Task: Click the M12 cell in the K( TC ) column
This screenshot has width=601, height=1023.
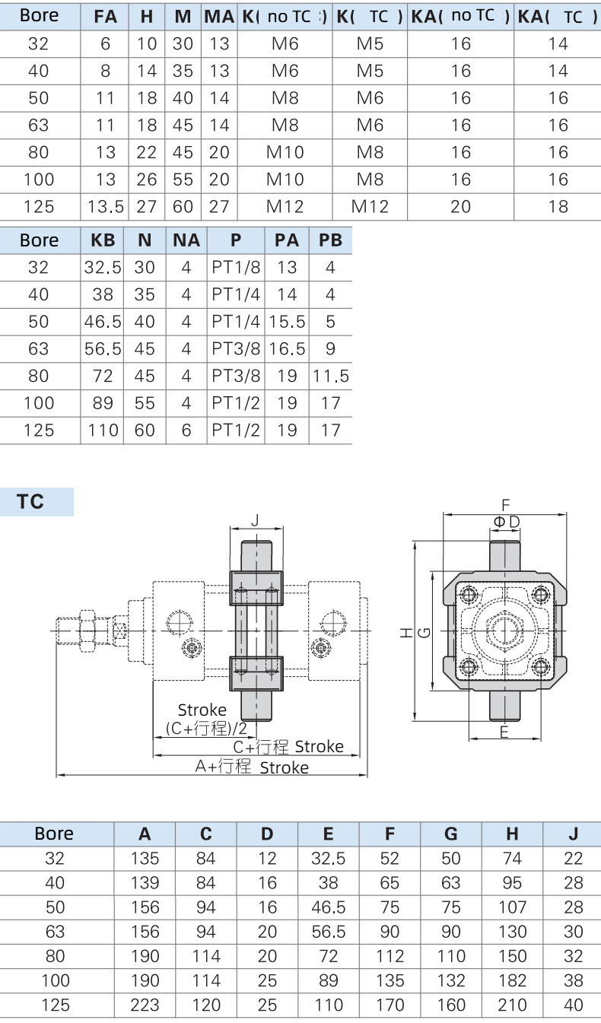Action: click(370, 207)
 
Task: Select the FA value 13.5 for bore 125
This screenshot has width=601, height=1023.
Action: click(106, 207)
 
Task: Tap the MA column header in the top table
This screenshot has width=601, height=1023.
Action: click(219, 16)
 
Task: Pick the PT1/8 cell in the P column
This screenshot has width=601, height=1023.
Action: click(236, 268)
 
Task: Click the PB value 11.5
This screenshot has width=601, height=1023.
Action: click(330, 376)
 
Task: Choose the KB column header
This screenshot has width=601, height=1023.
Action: click(103, 240)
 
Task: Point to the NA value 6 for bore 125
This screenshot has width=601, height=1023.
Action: click(186, 430)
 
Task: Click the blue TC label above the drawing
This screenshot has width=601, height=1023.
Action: click(31, 502)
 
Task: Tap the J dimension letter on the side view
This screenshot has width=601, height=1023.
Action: click(256, 520)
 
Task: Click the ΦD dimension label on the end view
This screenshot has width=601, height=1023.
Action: click(506, 521)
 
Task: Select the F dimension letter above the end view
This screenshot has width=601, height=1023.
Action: click(504, 504)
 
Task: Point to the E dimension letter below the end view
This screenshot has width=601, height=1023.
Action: click(504, 732)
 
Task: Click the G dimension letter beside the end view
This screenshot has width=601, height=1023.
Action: click(425, 631)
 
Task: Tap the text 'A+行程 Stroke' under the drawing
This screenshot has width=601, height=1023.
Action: click(252, 767)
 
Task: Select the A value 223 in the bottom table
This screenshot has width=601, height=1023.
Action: click(145, 1005)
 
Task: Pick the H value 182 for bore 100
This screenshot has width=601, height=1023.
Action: click(512, 980)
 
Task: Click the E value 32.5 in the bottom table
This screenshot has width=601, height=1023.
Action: click(328, 859)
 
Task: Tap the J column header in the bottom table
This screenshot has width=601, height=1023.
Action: click(573, 834)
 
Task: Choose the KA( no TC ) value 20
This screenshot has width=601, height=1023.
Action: click(461, 207)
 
